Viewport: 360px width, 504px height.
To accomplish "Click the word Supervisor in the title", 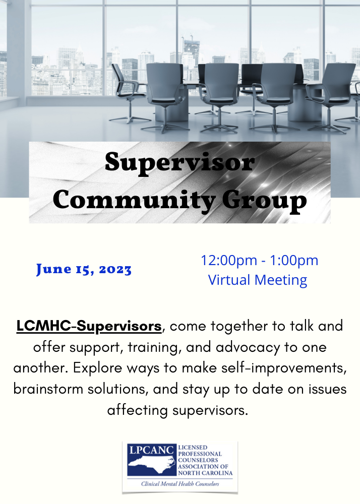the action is click(x=179, y=163).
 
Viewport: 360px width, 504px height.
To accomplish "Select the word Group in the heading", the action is click(x=264, y=202).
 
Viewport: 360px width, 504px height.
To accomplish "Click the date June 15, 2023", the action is click(x=84, y=269).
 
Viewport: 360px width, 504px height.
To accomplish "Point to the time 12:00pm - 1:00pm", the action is click(x=259, y=261).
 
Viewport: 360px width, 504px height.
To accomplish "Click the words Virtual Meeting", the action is click(x=258, y=280).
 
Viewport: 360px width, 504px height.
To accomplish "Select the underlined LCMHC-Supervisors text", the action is click(x=89, y=326).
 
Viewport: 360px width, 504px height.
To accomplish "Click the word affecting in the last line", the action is click(x=138, y=410).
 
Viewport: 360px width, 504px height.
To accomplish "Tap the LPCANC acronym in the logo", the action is click(x=151, y=450).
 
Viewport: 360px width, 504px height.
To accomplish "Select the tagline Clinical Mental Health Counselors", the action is click(x=180, y=484).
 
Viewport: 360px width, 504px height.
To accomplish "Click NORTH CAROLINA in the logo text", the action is click(x=205, y=473).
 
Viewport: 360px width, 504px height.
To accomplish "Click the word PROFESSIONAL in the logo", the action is click(x=200, y=454).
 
